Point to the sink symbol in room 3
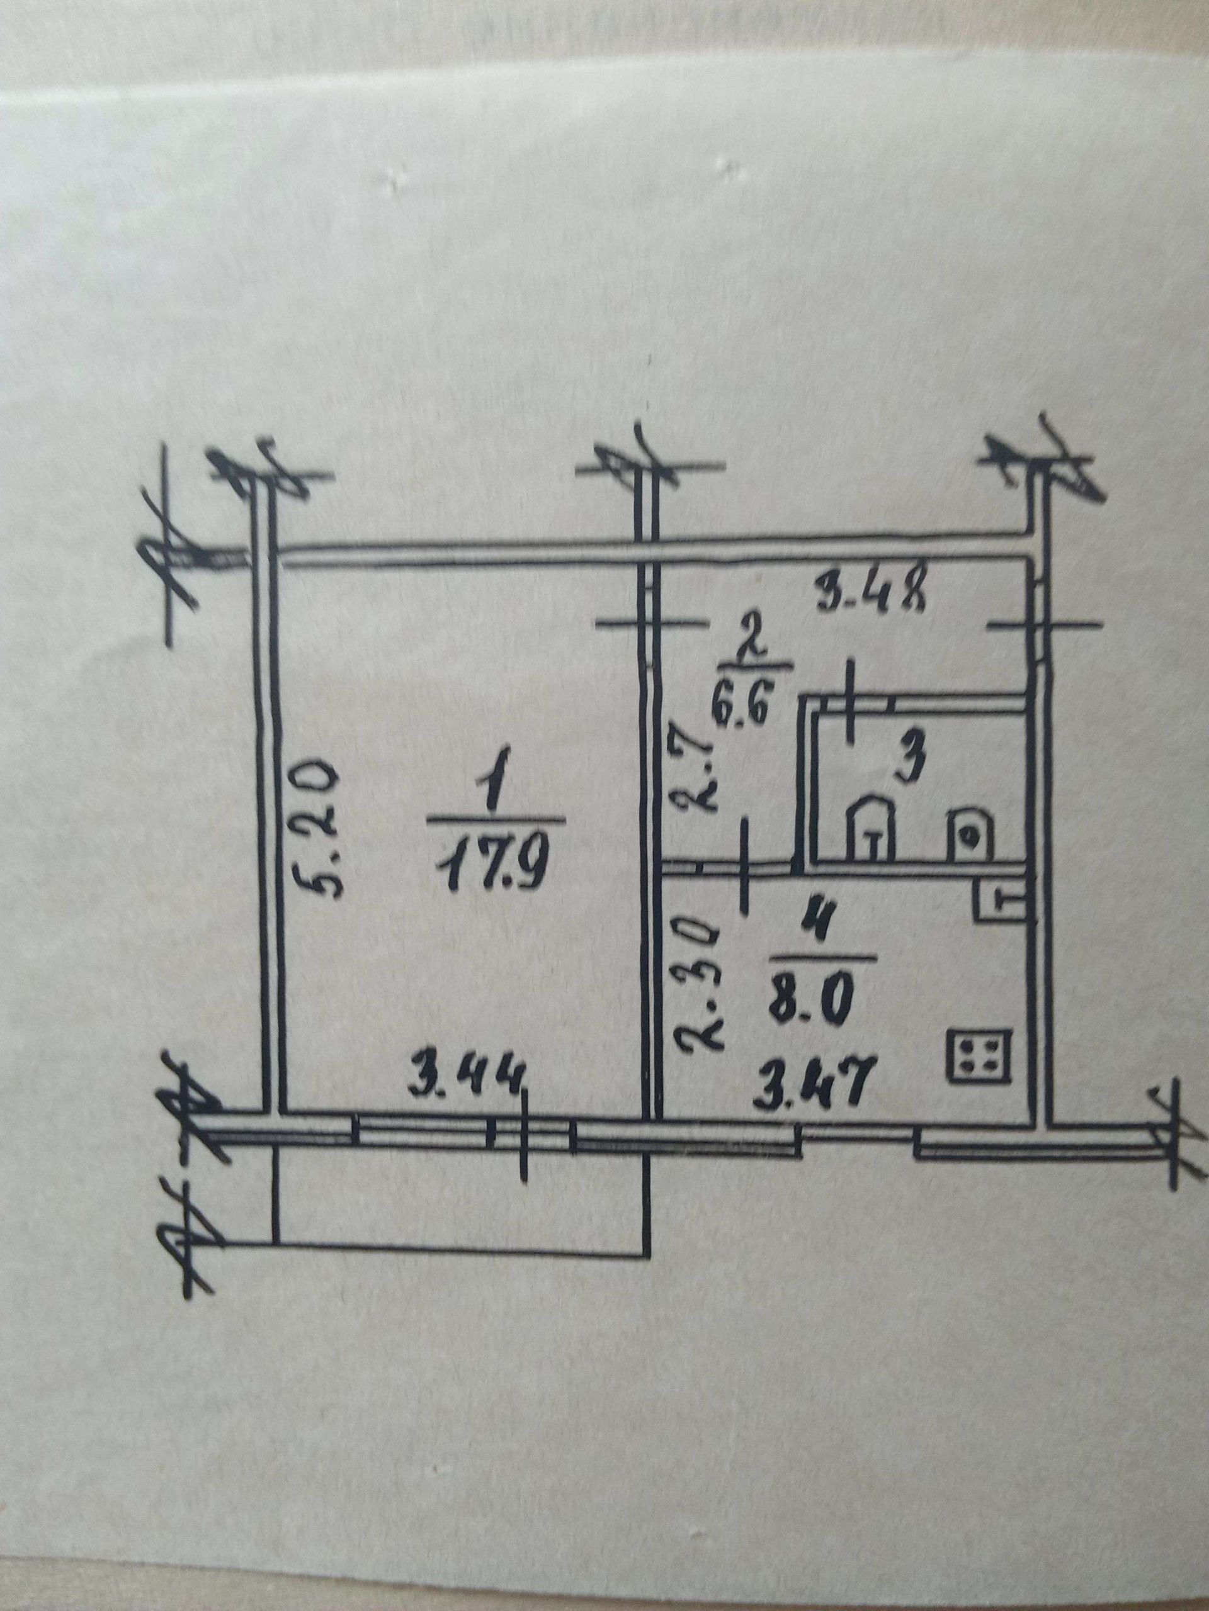coord(968,835)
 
